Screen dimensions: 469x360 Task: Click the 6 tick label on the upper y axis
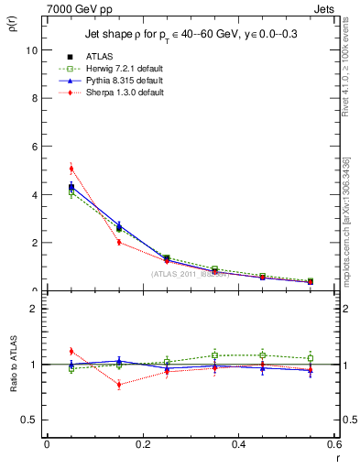pos(34,147)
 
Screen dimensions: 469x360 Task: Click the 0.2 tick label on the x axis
pos(143,445)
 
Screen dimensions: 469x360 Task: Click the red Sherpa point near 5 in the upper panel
pos(71,169)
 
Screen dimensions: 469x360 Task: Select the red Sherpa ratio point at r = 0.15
pos(119,385)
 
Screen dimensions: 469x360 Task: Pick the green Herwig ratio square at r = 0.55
pos(311,358)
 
